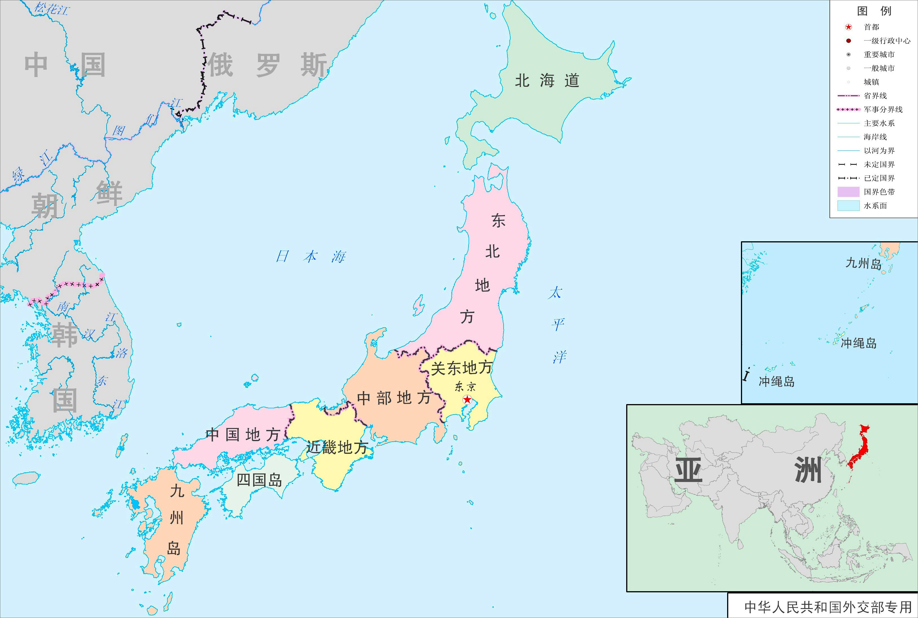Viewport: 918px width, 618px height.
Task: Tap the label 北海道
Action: click(x=547, y=81)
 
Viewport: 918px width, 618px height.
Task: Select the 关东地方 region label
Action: click(x=461, y=368)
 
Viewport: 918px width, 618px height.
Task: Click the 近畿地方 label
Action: click(x=337, y=447)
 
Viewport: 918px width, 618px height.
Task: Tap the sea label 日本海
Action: click(x=310, y=257)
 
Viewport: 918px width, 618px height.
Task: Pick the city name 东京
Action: click(x=465, y=387)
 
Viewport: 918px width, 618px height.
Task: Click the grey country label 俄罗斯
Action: click(x=267, y=65)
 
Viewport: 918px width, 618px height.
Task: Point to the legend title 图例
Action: click(x=874, y=11)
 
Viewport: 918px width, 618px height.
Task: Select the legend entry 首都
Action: click(x=871, y=27)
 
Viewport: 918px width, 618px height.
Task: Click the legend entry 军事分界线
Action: click(x=883, y=109)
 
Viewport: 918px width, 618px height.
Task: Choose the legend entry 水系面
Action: click(x=875, y=206)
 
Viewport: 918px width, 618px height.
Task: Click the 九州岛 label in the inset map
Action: click(x=863, y=263)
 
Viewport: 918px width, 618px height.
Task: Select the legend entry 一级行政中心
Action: click(x=887, y=41)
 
